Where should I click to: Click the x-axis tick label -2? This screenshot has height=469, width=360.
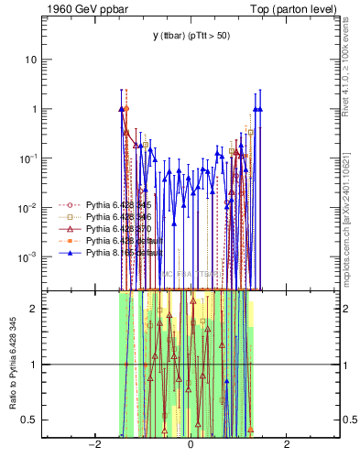(x=94, y=444)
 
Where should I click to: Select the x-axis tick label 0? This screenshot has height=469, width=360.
(x=191, y=444)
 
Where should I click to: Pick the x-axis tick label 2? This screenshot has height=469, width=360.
(x=287, y=444)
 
